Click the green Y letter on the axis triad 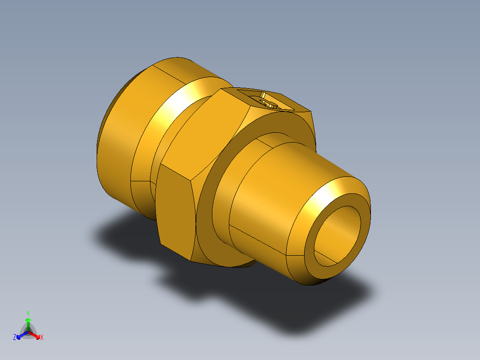pyautogui.click(x=28, y=313)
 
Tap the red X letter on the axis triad pyautogui.click(x=42, y=338)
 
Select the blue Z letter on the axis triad pyautogui.click(x=15, y=338)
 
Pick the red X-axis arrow pyautogui.click(x=35, y=335)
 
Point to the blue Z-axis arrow pyautogui.click(x=21, y=335)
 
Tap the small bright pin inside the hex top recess pyautogui.click(x=263, y=95)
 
